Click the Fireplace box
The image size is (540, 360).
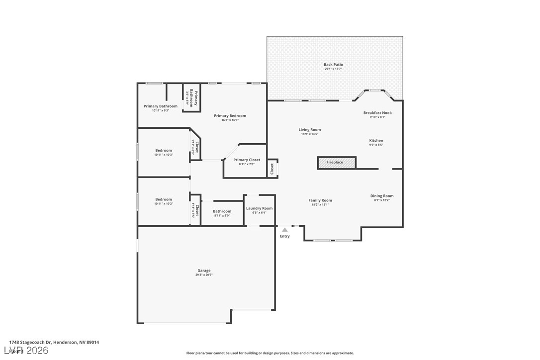click(337, 163)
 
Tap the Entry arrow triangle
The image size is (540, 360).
click(284, 230)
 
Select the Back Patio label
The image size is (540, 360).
click(333, 65)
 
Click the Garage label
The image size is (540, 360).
click(204, 270)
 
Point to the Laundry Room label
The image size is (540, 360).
click(259, 208)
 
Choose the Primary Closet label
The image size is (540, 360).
click(247, 160)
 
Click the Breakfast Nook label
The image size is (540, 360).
click(377, 113)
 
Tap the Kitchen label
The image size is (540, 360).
click(376, 141)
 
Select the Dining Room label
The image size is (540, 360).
click(382, 196)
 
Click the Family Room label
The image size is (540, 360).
click(320, 200)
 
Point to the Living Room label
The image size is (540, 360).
click(310, 130)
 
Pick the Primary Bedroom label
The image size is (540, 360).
click(230, 116)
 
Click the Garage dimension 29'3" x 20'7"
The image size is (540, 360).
click(204, 275)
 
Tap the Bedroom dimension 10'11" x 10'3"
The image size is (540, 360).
click(164, 155)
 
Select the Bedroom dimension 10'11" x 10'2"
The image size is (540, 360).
click(164, 204)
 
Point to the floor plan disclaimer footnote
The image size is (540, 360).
click(270, 353)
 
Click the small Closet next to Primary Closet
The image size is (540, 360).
click(272, 168)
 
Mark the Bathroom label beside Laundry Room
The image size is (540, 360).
click(222, 211)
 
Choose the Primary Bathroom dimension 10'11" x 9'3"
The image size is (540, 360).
click(161, 110)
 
